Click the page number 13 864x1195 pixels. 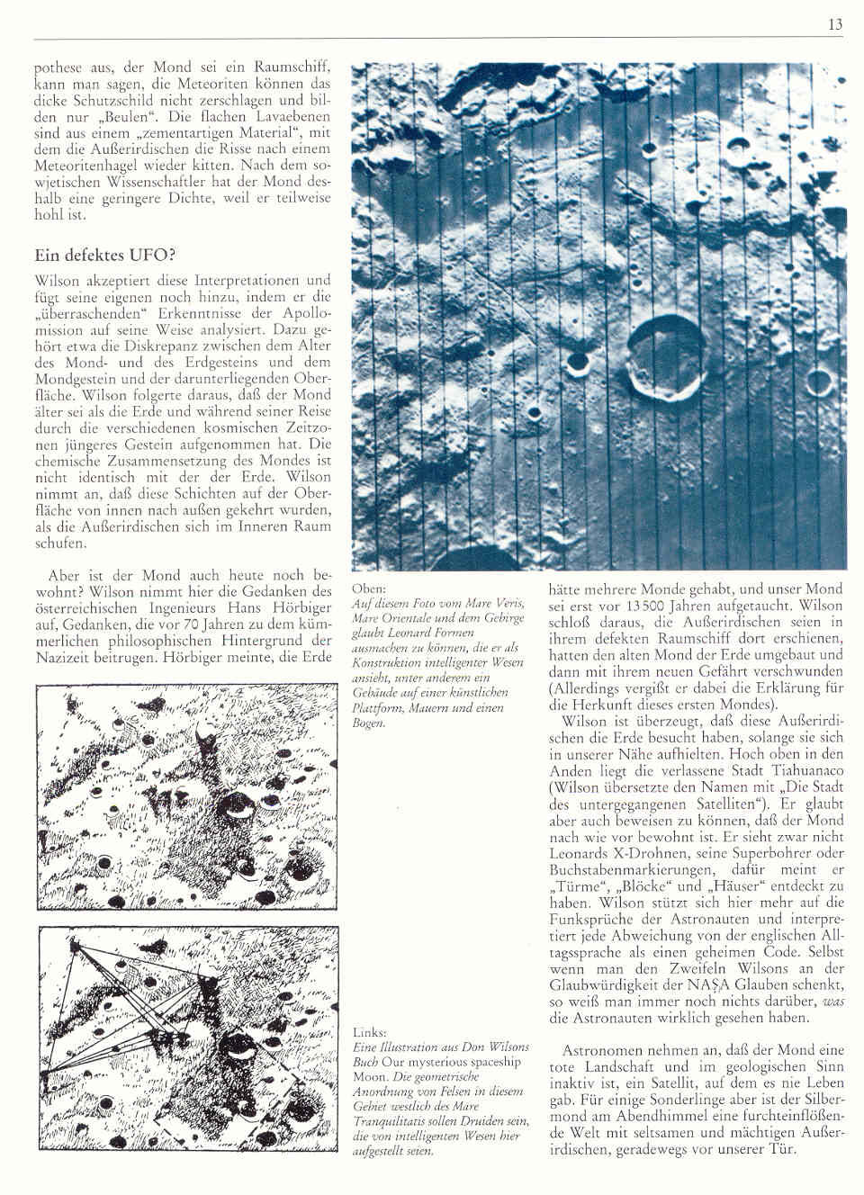835,25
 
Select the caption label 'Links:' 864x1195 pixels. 364,1032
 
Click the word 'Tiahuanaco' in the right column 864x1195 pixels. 798,771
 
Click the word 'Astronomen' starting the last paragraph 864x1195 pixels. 598,1050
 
